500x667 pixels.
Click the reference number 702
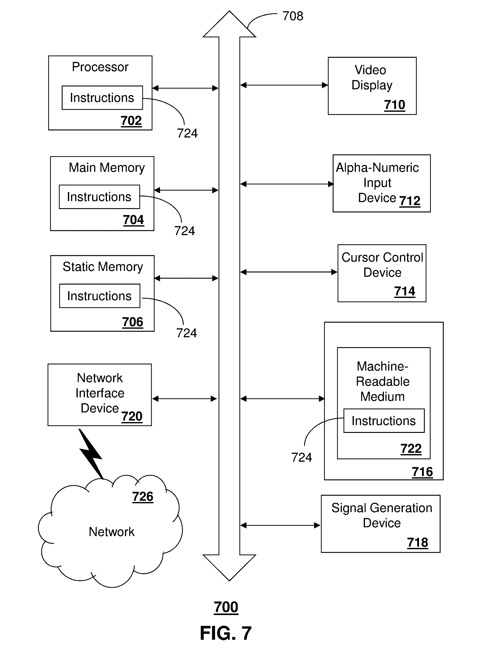point(131,121)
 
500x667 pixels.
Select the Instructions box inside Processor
point(102,98)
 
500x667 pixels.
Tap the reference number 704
point(133,220)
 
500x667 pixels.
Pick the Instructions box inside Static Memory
point(100,296)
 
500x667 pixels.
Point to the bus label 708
point(293,16)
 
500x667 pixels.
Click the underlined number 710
point(394,105)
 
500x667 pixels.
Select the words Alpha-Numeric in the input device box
point(377,168)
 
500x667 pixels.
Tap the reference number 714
point(405,291)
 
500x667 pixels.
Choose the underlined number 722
point(411,449)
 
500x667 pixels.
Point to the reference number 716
point(422,472)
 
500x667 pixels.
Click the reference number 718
point(418,542)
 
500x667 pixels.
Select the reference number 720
point(132,416)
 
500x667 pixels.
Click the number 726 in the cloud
point(143,497)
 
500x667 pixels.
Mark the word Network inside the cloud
point(112,532)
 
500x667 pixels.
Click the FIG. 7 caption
point(226,633)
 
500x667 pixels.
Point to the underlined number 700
point(226,607)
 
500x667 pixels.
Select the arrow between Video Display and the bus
point(284,85)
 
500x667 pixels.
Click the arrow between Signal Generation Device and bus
point(280,525)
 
